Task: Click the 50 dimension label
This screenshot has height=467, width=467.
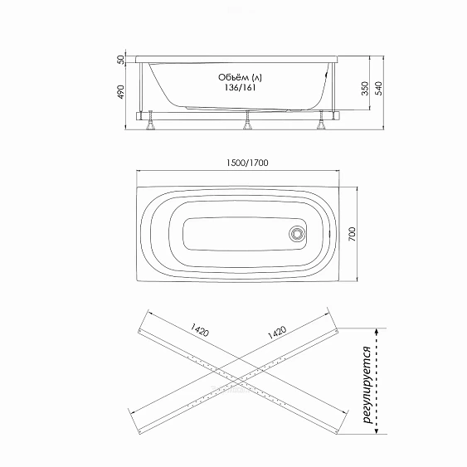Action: pyautogui.click(x=120, y=60)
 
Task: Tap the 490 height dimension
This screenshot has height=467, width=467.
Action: pyautogui.click(x=120, y=92)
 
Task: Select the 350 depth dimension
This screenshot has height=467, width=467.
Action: pyautogui.click(x=365, y=89)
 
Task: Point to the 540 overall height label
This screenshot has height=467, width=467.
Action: pyautogui.click(x=378, y=89)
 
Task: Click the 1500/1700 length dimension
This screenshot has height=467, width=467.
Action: pyautogui.click(x=247, y=163)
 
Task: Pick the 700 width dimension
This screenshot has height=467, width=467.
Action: pyautogui.click(x=352, y=234)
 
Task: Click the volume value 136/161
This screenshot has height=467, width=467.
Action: pyautogui.click(x=240, y=88)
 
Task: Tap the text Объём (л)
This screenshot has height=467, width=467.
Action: pyautogui.click(x=240, y=77)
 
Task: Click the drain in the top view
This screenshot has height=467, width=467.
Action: pyautogui.click(x=297, y=234)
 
